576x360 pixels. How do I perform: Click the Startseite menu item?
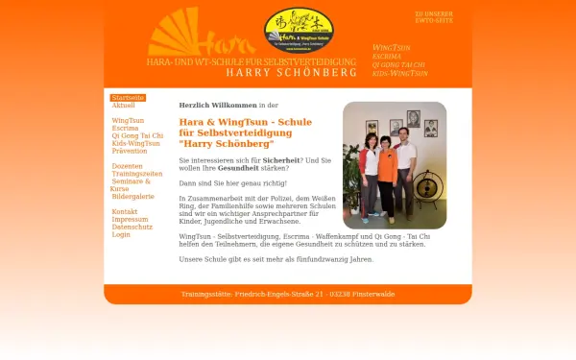pos(128,98)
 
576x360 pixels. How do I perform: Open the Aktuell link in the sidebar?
pos(123,105)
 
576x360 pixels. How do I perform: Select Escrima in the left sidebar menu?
pos(125,128)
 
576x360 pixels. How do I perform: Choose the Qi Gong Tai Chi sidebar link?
pos(137,135)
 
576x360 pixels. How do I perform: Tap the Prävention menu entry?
pos(130,151)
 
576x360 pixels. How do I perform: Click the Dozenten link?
pos(128,166)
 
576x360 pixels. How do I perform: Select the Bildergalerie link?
pos(132,196)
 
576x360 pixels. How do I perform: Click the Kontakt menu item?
pos(125,211)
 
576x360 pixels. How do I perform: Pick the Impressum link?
pos(130,219)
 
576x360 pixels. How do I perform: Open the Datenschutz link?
pos(132,227)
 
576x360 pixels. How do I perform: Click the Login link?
pos(120,234)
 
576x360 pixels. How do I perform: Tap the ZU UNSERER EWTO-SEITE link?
pos(433,17)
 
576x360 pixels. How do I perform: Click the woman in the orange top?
pos(386,168)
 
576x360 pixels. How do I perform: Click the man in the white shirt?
pos(403,158)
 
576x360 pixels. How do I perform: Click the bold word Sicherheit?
pos(281,160)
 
